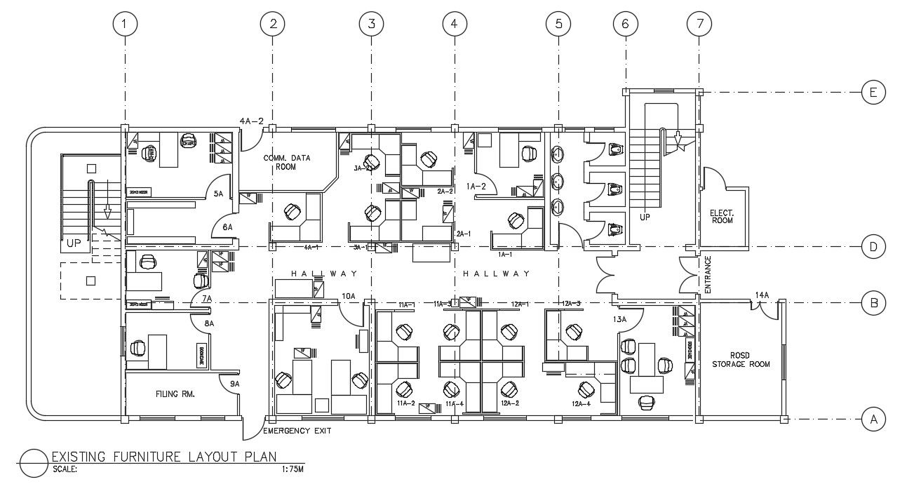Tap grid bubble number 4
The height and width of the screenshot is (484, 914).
click(455, 24)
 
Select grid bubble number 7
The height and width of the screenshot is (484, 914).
click(699, 24)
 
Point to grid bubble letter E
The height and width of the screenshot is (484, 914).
click(873, 92)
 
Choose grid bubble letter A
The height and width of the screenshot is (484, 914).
click(873, 419)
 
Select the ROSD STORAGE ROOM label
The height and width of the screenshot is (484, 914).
click(741, 359)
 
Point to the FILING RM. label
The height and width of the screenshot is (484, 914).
click(175, 394)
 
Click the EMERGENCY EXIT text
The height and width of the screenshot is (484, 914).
click(297, 431)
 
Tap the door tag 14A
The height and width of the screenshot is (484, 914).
click(762, 295)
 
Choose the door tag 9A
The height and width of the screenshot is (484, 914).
click(235, 384)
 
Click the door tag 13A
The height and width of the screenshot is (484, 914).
click(619, 319)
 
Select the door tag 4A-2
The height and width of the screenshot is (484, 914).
click(251, 121)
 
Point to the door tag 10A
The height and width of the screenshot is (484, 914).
click(348, 296)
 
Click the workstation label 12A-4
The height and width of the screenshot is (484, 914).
click(581, 404)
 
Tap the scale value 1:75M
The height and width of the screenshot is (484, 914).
click(289, 470)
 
